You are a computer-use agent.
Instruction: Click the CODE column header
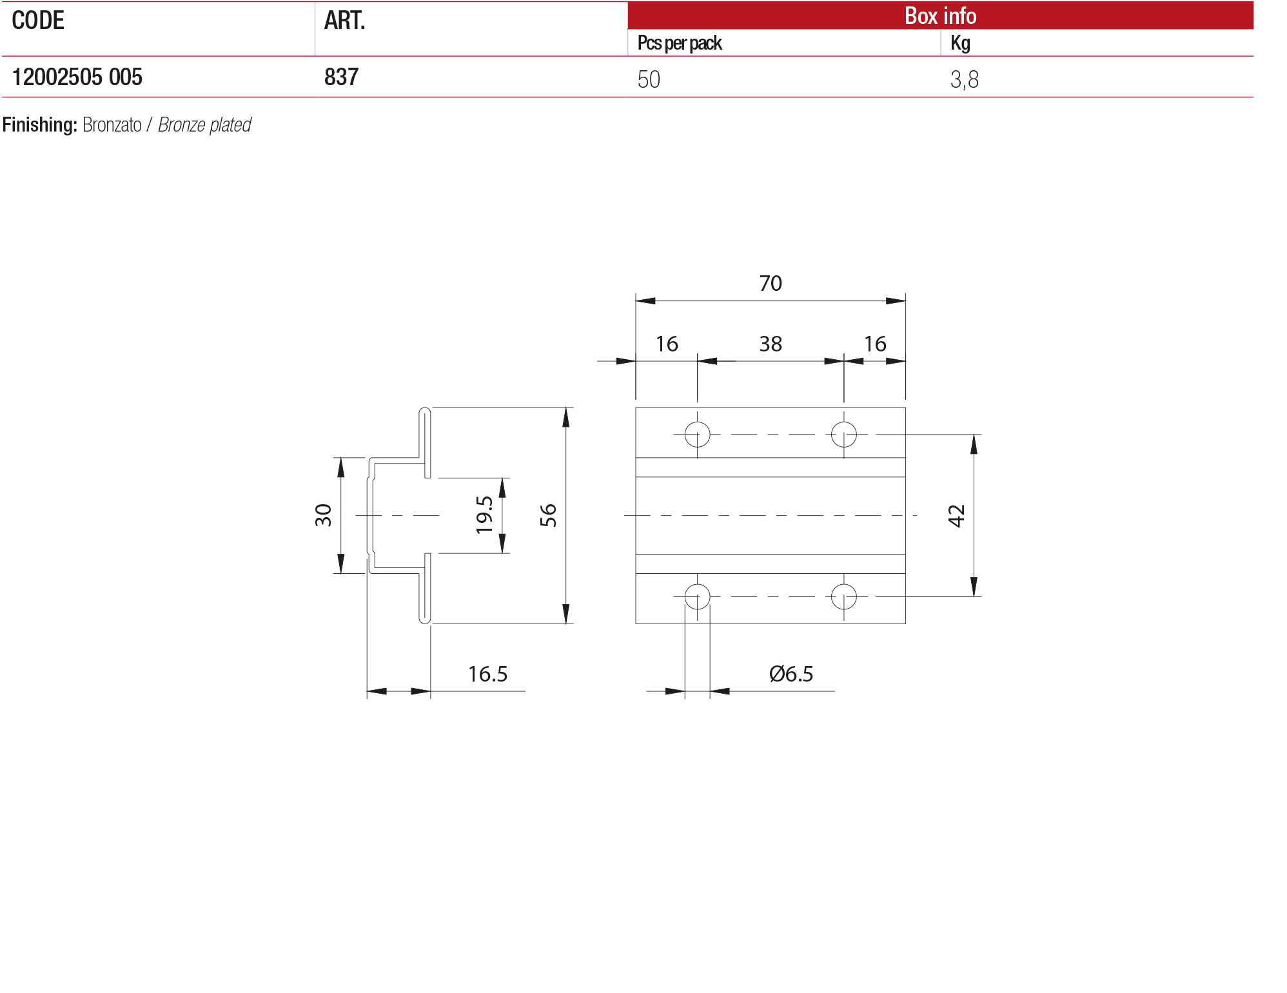pos(38,21)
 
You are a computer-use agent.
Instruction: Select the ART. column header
pos(344,21)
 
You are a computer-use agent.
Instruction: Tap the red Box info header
pos(940,15)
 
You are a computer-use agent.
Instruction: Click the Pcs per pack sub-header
pos(680,43)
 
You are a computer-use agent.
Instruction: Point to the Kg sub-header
pos(960,43)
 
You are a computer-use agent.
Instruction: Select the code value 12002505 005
pos(77,77)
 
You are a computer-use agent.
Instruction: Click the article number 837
pos(341,77)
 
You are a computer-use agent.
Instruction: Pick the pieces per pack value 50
pos(649,79)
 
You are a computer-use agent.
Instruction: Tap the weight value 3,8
pos(965,79)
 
